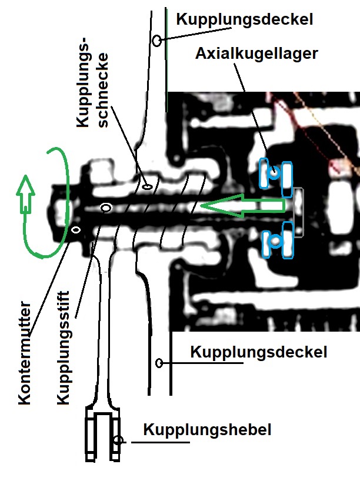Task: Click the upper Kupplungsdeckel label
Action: point(245,19)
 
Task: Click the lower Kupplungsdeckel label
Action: point(258,352)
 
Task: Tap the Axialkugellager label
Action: point(256,54)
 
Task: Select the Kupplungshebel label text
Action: point(207,430)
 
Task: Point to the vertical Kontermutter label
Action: point(25,353)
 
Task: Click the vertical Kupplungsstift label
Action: point(64,348)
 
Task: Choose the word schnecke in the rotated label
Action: point(102,90)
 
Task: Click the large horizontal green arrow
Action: point(242,206)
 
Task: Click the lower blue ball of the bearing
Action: point(275,241)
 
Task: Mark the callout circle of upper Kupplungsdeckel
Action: point(157,40)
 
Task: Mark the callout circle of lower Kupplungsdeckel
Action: point(159,363)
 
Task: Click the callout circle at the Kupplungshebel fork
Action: point(118,441)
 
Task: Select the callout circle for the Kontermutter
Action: point(76,230)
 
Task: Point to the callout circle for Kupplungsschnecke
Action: point(148,186)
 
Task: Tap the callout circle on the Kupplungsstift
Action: point(106,208)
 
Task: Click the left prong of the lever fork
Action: point(90,435)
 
